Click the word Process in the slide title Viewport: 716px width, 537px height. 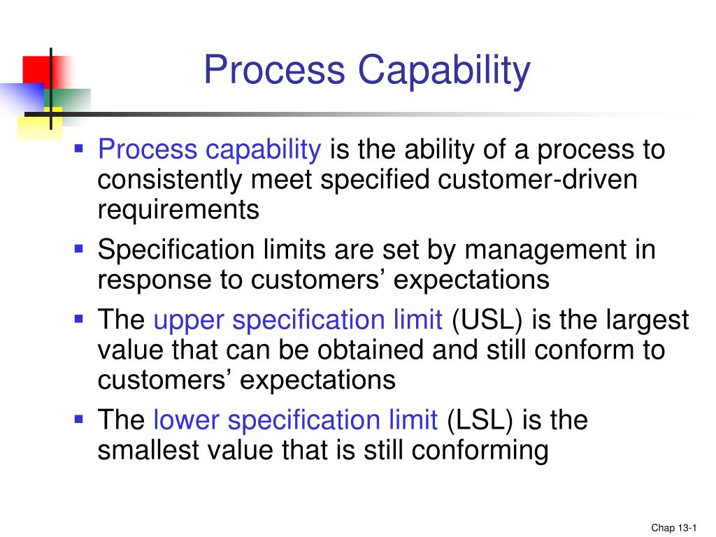[x=275, y=71]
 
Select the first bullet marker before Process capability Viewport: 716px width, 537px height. [x=79, y=148]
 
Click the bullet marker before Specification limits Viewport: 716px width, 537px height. [x=79, y=248]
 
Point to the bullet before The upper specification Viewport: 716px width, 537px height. [x=79, y=320]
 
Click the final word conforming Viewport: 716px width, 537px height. [x=480, y=451]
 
